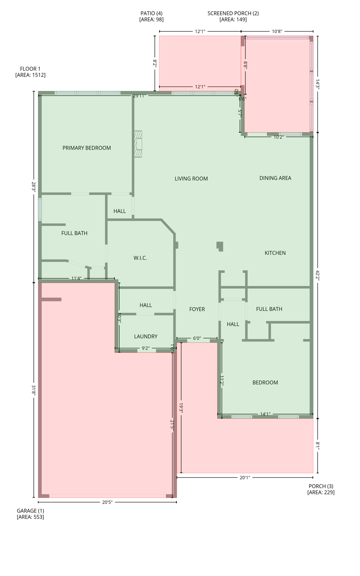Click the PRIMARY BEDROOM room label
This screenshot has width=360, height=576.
(87, 148)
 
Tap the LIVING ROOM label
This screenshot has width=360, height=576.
(191, 178)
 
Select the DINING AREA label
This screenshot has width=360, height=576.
(275, 178)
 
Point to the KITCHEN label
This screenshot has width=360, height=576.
(275, 253)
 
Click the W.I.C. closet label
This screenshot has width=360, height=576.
(140, 258)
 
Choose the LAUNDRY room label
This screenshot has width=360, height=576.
(146, 336)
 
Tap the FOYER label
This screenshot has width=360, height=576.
(197, 309)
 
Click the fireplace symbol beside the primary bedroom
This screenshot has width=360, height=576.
(138, 144)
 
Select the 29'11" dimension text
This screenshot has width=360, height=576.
(139, 96)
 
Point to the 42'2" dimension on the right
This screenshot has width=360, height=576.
(318, 275)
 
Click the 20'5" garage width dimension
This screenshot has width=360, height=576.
(107, 502)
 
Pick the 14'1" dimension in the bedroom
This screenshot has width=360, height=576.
(265, 414)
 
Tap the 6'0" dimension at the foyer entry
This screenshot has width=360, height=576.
(197, 338)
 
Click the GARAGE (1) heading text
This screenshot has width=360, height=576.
(30, 511)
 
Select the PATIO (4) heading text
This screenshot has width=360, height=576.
(151, 13)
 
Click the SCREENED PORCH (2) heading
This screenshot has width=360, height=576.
(233, 13)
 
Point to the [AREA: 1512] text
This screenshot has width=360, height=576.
(30, 75)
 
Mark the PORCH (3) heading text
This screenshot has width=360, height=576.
(321, 486)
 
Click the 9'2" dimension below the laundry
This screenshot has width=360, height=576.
(145, 348)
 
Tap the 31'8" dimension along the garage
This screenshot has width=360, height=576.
(34, 390)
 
